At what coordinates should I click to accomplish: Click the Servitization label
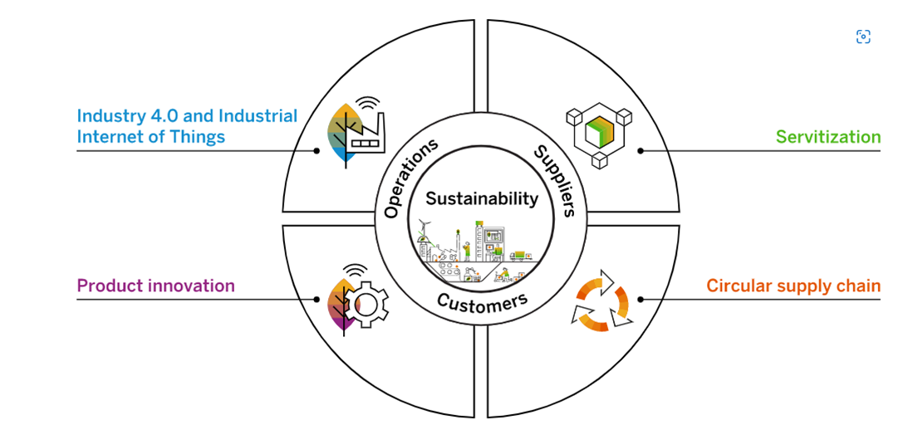[x=827, y=137]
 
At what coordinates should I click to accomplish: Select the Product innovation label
[x=155, y=286]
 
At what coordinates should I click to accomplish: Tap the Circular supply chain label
[x=793, y=286]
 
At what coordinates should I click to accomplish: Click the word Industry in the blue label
[x=108, y=116]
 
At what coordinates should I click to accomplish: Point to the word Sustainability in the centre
[x=482, y=199]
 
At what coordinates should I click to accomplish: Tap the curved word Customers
[x=482, y=300]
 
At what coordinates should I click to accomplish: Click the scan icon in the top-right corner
[x=863, y=37]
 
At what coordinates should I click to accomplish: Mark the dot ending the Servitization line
[x=641, y=151]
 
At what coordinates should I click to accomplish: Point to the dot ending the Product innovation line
[x=317, y=300]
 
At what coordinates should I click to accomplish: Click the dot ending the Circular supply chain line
[x=641, y=300]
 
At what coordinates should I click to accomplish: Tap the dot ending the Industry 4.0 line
[x=317, y=151]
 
